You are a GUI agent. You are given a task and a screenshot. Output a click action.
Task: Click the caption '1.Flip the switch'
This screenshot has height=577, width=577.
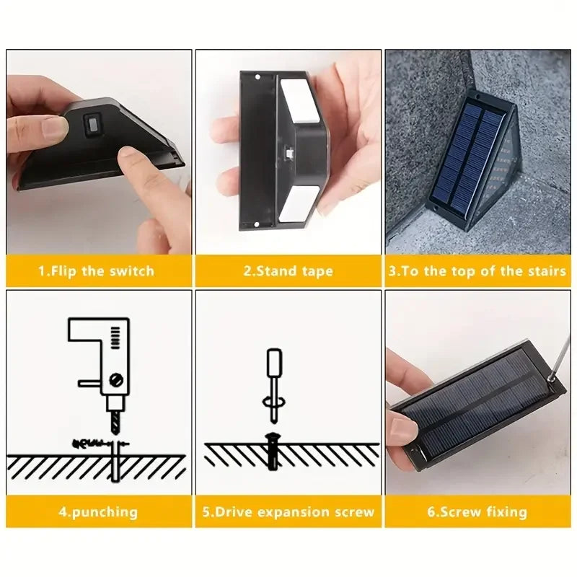96,272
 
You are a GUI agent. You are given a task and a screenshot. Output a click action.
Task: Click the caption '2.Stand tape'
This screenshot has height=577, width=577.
288,272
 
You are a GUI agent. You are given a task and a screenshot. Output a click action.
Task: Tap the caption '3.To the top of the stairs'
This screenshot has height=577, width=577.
477,272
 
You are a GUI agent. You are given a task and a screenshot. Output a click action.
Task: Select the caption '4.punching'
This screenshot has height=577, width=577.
99,512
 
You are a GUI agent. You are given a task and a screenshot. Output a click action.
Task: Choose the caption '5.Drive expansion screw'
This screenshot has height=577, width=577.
288,512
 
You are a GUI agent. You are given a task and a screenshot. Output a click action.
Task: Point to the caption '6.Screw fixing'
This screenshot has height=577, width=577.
477,512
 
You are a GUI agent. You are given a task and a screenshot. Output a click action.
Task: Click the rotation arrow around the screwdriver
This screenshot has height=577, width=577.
273,402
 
